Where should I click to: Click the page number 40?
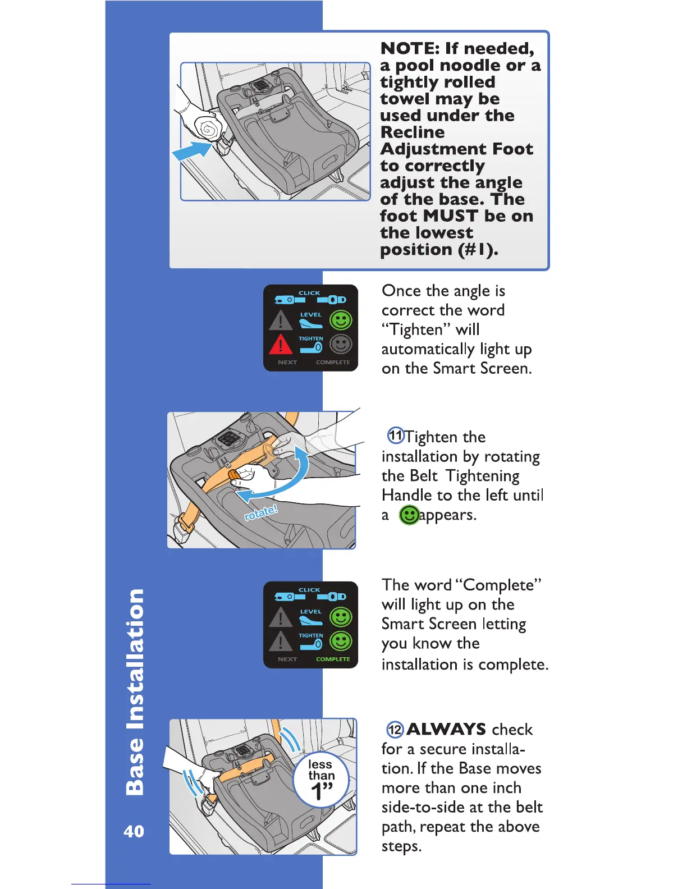coord(134,831)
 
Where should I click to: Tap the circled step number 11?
coord(396,435)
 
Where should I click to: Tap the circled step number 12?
coord(395,729)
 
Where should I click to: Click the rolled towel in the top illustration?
coord(208,129)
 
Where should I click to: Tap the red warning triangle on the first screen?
coord(281,343)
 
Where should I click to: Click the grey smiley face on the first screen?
coord(340,343)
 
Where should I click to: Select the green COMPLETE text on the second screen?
coord(333,659)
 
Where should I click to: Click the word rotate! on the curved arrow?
coord(261,512)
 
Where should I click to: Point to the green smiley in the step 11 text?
coord(409,515)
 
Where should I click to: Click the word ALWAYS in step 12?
coord(446,729)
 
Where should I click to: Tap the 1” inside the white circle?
coord(322,791)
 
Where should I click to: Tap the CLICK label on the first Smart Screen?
coord(309,293)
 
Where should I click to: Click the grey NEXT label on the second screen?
coord(287,659)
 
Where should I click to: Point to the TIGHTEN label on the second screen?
coord(311,635)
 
